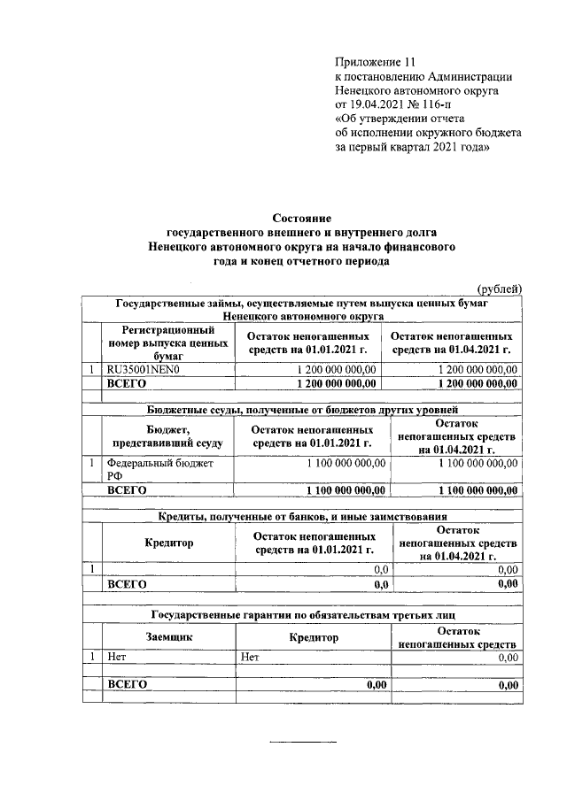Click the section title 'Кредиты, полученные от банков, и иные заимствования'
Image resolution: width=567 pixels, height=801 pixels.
(x=301, y=515)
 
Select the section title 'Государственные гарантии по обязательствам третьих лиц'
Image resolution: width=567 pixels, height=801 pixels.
(x=301, y=613)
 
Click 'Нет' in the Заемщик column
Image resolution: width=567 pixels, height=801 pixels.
(x=116, y=657)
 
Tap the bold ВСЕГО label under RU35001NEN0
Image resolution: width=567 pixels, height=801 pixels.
(x=127, y=383)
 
